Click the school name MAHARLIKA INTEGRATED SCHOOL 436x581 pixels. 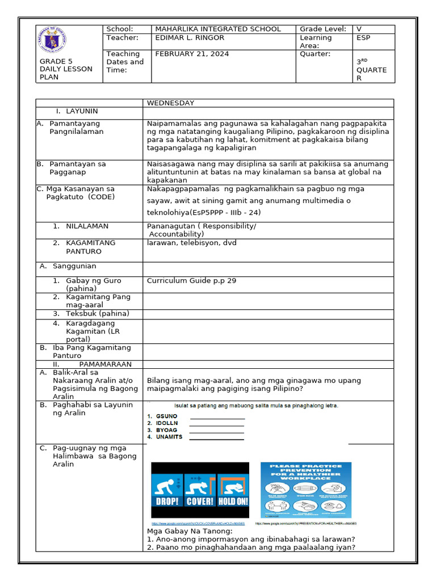[x=217, y=29]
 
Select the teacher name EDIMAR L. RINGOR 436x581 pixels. [x=190, y=37]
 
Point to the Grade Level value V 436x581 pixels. [x=359, y=29]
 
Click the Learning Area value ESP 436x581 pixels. [x=363, y=37]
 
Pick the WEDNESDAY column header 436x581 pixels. [x=170, y=103]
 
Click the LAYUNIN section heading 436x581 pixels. [x=82, y=111]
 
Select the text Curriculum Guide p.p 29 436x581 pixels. [x=191, y=280]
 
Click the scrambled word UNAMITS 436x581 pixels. [x=169, y=437]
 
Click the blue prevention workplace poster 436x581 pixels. [x=305, y=490]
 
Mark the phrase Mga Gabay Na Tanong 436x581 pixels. [x=189, y=531]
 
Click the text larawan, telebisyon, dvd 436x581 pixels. [x=191, y=243]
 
